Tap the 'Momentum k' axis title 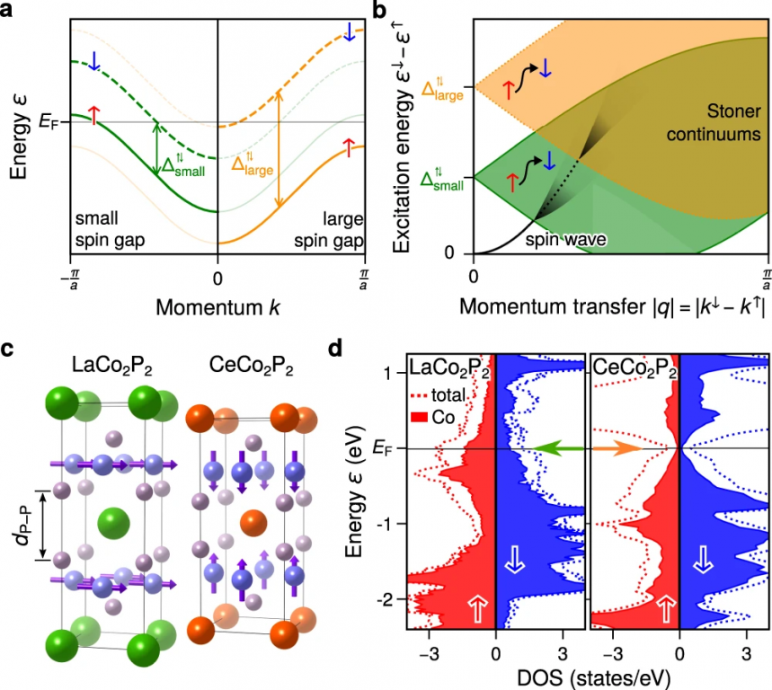point(217,307)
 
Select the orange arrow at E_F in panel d point(618,447)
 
